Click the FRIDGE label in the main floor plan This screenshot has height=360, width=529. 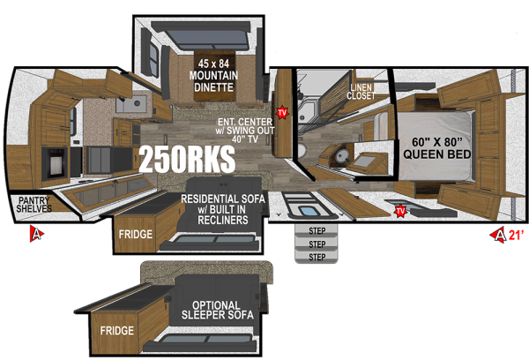pos(136,235)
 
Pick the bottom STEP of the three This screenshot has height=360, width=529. pos(317,257)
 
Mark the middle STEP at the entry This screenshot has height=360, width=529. pos(317,244)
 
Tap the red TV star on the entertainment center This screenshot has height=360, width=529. pos(282,113)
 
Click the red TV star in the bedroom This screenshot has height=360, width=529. pos(400,210)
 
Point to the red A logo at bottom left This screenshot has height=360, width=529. pos(36,234)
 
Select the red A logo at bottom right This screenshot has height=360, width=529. pos(500,234)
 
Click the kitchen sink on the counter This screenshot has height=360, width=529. pos(134,106)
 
